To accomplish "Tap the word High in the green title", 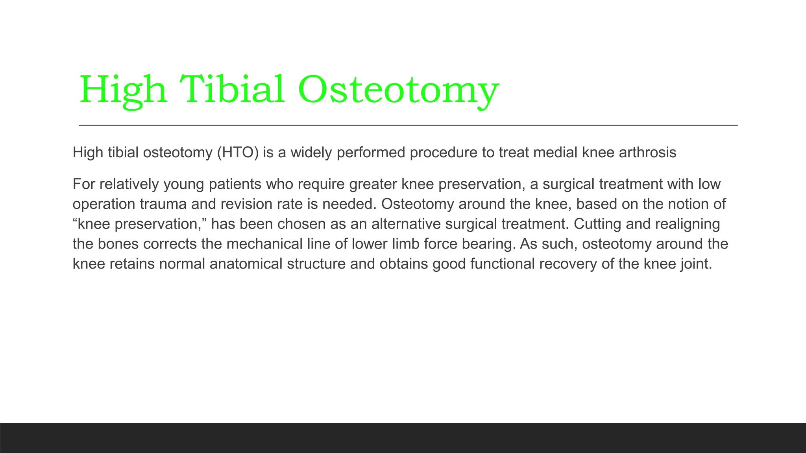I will [123, 90].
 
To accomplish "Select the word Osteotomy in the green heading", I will [398, 90].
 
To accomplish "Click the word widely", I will [311, 153].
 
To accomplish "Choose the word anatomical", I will [246, 264].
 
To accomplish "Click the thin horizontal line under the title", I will [408, 125].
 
